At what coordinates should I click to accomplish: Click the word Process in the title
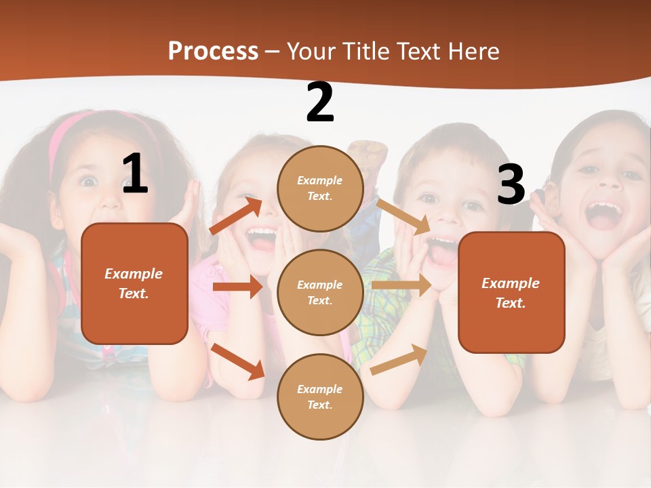click(213, 51)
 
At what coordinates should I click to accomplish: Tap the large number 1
click(134, 174)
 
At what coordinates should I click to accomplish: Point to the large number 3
click(511, 184)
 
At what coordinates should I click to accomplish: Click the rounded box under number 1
click(134, 283)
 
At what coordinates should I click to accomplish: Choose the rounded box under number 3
click(511, 292)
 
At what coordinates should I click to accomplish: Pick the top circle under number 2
click(320, 188)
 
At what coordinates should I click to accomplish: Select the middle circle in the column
click(320, 292)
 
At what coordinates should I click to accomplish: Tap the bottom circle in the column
click(320, 396)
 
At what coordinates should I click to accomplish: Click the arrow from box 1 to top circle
click(236, 215)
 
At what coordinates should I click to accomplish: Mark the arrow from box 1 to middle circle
click(237, 287)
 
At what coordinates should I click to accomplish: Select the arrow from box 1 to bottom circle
click(238, 361)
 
